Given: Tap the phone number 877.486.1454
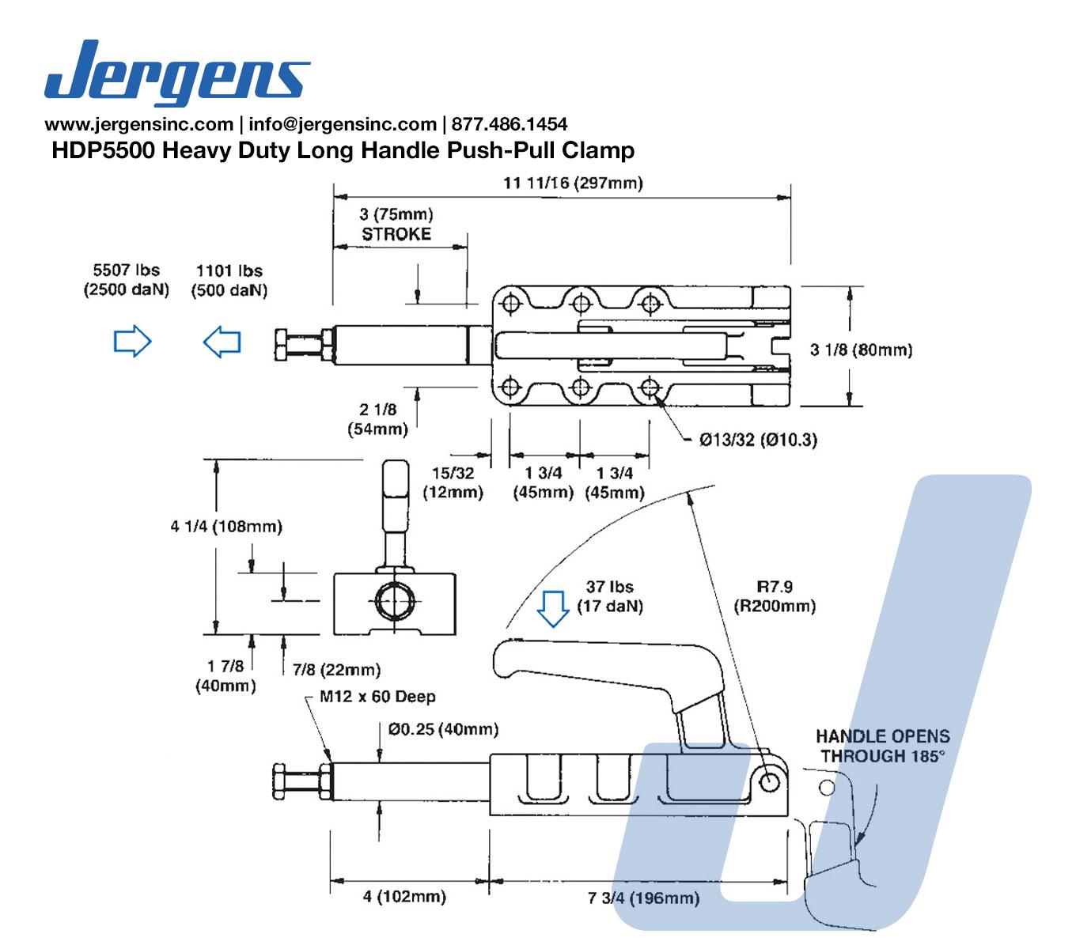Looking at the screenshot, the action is pyautogui.click(x=509, y=124).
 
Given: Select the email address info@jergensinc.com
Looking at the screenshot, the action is pyautogui.click(x=342, y=124).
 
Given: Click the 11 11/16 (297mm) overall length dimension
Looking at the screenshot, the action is pyautogui.click(x=573, y=183).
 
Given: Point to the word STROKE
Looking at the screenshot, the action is pyautogui.click(x=396, y=234).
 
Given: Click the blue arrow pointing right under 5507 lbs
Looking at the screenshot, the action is pyautogui.click(x=133, y=341).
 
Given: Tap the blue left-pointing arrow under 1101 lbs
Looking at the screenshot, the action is pyautogui.click(x=222, y=342).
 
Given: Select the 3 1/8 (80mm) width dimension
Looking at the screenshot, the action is pyautogui.click(x=860, y=350).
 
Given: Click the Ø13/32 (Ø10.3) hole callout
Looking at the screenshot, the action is pyautogui.click(x=758, y=440).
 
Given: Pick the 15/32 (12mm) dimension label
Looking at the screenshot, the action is pyautogui.click(x=453, y=482).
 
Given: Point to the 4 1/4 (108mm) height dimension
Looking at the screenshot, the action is pyautogui.click(x=226, y=526).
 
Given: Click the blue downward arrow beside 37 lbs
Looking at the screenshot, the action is pyautogui.click(x=553, y=609).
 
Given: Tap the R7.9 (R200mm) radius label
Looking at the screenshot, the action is pyautogui.click(x=775, y=596).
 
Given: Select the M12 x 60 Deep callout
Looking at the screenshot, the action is pyautogui.click(x=377, y=696).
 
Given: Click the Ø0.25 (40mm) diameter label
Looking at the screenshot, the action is pyautogui.click(x=443, y=729).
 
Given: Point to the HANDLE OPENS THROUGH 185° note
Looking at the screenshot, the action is pyautogui.click(x=883, y=746).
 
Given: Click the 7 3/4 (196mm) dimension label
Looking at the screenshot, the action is pyautogui.click(x=643, y=898).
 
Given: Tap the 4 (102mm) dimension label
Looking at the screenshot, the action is pyautogui.click(x=404, y=897).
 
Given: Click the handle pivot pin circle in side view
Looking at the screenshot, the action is pyautogui.click(x=769, y=781).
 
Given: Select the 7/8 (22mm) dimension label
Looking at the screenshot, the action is pyautogui.click(x=337, y=669).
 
